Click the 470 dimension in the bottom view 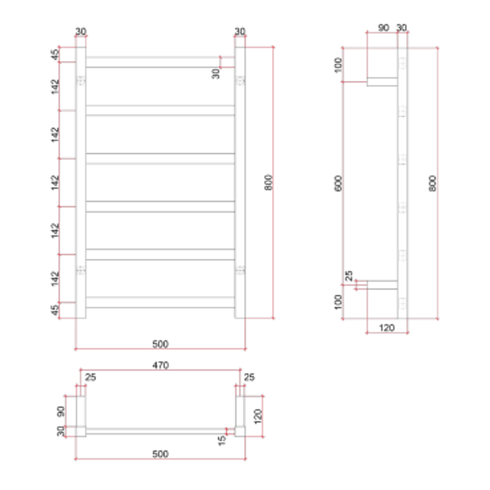tap(160, 365)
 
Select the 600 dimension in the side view tap(338, 182)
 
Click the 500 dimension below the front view tap(160, 344)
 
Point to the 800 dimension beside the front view tap(269, 182)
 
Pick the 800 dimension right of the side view tap(432, 182)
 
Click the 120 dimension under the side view tap(387, 328)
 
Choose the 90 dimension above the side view tap(383, 28)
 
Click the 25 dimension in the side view tap(349, 276)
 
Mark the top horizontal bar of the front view tap(160, 62)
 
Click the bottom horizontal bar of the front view tap(160, 302)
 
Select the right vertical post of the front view tap(240, 181)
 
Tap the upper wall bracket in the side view tap(382, 82)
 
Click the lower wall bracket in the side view tap(382, 285)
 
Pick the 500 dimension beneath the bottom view tap(160, 454)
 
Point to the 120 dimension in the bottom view tap(257, 415)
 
